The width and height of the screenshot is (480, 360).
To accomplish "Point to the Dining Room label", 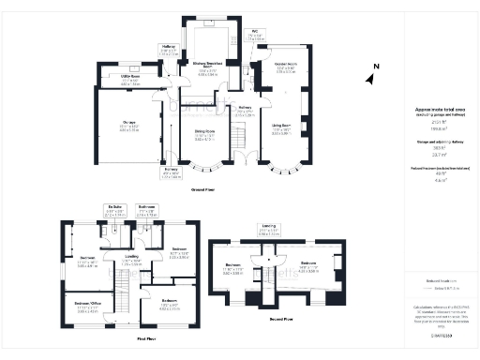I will [204, 135].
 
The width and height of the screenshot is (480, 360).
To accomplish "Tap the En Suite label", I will [115, 208].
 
